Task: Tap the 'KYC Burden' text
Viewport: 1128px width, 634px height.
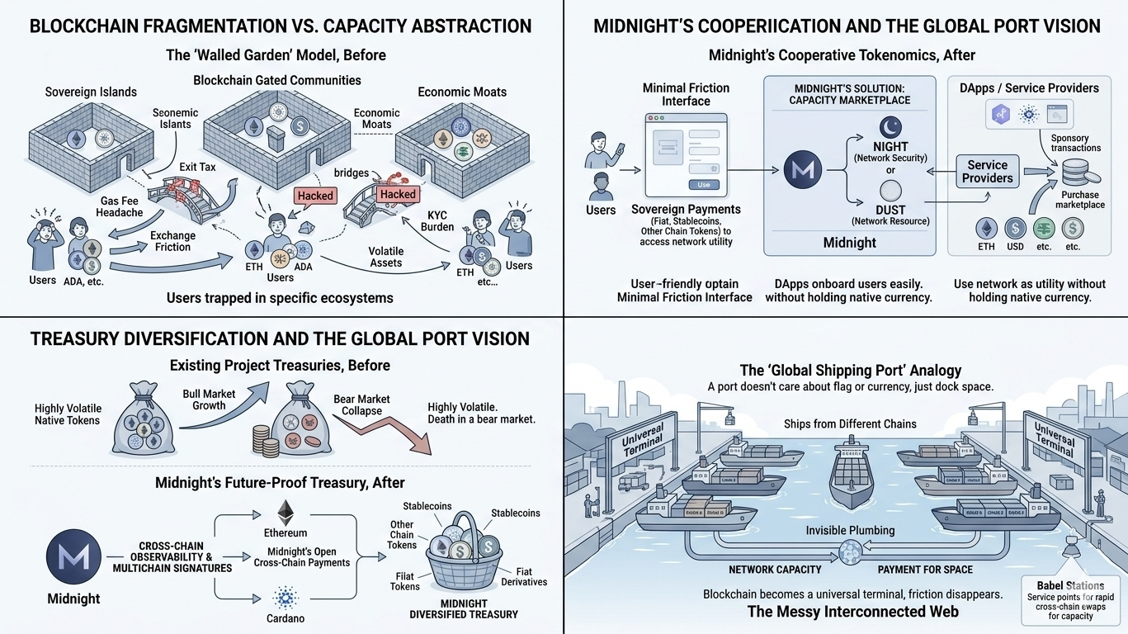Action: [437, 220]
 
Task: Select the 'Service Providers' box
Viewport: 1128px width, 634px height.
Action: [987, 171]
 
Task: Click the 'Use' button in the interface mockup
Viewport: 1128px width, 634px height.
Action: [703, 185]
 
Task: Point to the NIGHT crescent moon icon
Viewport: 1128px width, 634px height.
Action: [890, 127]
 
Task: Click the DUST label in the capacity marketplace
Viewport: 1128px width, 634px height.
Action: [890, 210]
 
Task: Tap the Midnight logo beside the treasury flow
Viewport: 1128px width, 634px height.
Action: [74, 557]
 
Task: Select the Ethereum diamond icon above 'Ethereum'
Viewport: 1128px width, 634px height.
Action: [286, 512]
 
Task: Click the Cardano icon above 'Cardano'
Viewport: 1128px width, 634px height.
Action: [286, 596]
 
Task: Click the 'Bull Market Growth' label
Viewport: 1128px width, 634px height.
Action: [209, 400]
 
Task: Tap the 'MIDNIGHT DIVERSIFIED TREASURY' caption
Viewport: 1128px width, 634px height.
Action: [464, 608]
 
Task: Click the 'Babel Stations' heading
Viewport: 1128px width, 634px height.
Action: [1069, 585]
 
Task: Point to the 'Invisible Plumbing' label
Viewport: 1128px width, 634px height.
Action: [850, 530]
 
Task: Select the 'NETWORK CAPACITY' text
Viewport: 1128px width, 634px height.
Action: [775, 570]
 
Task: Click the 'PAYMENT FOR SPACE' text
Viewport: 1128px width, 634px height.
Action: [924, 570]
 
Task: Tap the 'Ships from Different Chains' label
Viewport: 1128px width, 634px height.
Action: [850, 423]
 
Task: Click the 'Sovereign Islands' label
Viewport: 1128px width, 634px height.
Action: [91, 92]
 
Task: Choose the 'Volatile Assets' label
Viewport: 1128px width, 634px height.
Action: [385, 257]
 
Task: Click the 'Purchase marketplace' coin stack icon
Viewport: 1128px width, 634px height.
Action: [1074, 173]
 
